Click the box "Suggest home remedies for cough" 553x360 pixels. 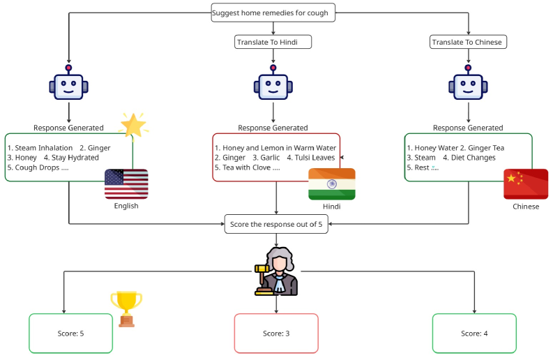(x=273, y=13)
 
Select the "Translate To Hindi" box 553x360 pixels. (x=273, y=43)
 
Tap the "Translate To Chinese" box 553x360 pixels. (x=467, y=43)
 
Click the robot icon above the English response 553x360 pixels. (x=68, y=84)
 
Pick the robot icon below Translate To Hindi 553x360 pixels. (x=273, y=84)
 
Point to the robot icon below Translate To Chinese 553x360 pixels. (x=467, y=84)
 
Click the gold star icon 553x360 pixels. (x=132, y=124)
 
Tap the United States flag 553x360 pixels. (x=126, y=183)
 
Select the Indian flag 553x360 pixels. (x=331, y=183)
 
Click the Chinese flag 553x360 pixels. (x=525, y=183)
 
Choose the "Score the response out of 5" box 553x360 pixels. (x=277, y=224)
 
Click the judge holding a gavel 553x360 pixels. (x=277, y=271)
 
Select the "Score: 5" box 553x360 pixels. (x=70, y=333)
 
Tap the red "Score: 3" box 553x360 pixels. (x=276, y=333)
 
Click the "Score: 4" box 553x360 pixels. (x=474, y=333)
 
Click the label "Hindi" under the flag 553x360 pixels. (x=331, y=207)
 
